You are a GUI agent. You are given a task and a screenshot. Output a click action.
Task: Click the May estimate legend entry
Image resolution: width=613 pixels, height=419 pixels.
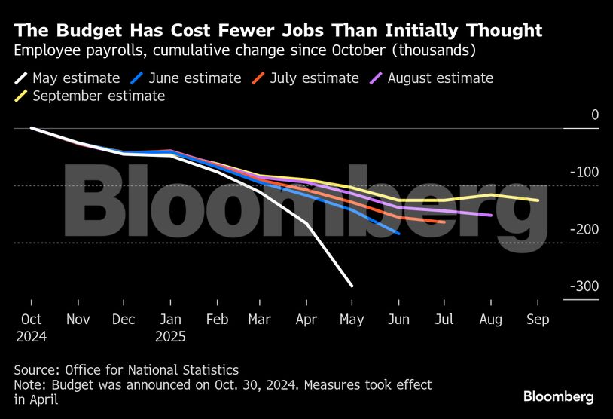click(67, 78)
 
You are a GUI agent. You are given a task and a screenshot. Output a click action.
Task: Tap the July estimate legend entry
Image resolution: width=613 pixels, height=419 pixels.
click(304, 78)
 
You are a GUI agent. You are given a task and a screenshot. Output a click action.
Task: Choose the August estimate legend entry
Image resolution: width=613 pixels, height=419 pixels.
click(432, 78)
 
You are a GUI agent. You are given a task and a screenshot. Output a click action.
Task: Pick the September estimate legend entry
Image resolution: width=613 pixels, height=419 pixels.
click(90, 96)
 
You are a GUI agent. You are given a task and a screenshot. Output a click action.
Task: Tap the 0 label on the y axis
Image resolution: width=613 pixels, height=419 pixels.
click(594, 115)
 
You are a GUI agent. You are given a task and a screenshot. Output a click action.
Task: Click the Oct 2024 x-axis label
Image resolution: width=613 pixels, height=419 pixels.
click(32, 328)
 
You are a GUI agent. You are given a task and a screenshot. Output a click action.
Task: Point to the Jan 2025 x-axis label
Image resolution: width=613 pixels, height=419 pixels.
click(170, 328)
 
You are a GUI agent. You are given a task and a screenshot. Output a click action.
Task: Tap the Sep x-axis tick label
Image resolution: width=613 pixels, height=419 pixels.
click(538, 320)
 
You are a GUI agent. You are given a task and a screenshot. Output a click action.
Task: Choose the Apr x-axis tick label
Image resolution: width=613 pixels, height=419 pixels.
click(306, 320)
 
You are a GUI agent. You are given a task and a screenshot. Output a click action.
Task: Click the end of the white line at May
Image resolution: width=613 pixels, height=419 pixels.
click(352, 286)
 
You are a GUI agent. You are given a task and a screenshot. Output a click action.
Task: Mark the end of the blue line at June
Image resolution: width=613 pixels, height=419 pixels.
click(398, 234)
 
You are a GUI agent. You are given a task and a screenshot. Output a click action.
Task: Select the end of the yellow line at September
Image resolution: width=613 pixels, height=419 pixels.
click(538, 200)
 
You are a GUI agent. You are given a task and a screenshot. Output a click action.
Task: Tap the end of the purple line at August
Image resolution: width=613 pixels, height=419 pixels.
click(491, 215)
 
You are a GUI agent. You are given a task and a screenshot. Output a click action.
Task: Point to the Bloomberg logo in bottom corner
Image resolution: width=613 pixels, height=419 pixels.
click(559, 396)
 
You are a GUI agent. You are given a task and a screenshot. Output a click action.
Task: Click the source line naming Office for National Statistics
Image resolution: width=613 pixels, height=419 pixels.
click(126, 370)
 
